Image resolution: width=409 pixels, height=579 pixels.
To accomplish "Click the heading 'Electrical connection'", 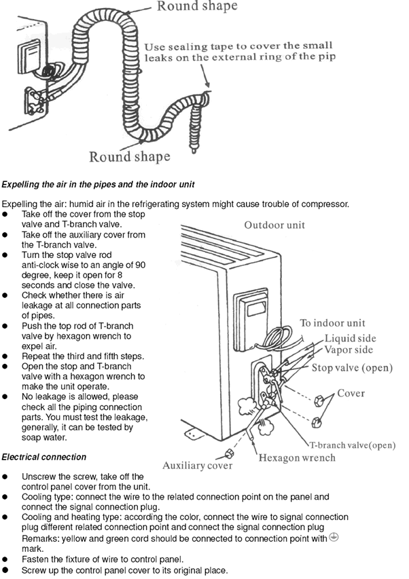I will click(44, 457).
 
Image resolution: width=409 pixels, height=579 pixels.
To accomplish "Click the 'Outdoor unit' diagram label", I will click(274, 225).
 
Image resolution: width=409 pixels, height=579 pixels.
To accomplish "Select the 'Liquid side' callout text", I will click(349, 338).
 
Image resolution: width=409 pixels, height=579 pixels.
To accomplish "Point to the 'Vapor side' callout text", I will click(349, 350).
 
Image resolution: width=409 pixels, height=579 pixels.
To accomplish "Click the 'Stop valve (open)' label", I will click(352, 368).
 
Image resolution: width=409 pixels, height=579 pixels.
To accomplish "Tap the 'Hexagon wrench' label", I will click(297, 457).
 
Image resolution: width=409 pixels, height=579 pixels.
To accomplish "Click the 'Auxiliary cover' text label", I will click(197, 466).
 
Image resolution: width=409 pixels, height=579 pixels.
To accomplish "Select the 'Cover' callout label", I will click(351, 393).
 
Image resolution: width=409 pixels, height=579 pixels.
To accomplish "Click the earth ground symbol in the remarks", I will click(333, 536).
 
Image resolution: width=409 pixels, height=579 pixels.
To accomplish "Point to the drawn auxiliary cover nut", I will click(229, 453).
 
